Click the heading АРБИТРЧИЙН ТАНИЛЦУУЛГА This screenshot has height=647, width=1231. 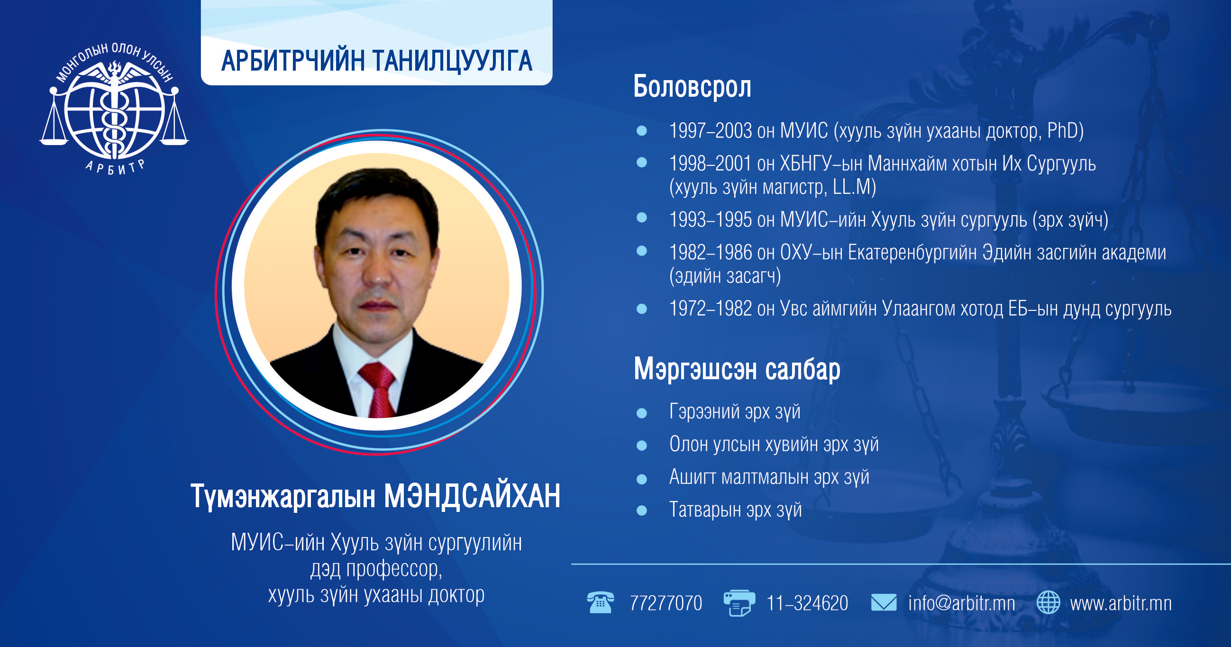coord(376,61)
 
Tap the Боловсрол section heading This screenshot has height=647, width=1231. coord(692,87)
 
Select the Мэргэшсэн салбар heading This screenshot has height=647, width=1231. coord(737,369)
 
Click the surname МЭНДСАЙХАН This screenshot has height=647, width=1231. coord(472,496)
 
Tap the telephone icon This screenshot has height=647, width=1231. coord(600,602)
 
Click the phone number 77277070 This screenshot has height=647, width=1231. coord(666,603)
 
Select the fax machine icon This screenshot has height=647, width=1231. coord(739,603)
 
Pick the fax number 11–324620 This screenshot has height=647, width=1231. coord(807,603)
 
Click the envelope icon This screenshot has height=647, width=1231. coord(884,602)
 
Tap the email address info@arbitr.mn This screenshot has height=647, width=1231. coord(961,603)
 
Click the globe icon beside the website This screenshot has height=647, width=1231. coord(1049,602)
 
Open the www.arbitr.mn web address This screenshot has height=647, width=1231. coord(1121,603)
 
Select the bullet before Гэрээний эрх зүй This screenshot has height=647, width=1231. coord(642,413)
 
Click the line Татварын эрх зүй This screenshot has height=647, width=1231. coord(736,510)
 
